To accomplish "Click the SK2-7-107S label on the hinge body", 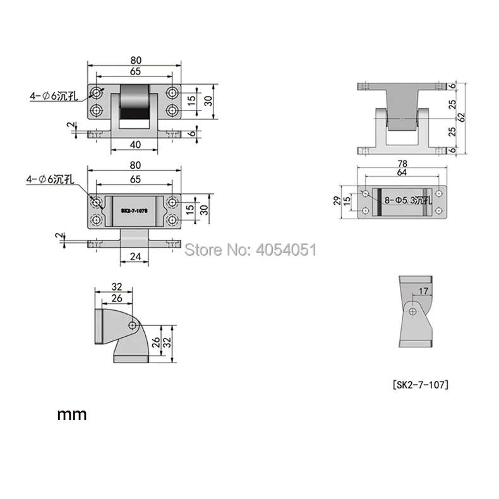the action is point(134,211).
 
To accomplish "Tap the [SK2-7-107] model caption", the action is point(421,385).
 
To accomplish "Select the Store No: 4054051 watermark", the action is point(251,249).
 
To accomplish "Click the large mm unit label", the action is point(72,414).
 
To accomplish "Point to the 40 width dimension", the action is point(135,145).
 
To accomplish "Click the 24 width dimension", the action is point(135,256).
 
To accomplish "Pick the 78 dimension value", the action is point(402,164).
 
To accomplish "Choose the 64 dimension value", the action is point(402,172).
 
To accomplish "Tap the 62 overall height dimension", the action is point(462,117).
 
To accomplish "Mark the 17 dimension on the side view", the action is point(423,291).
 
